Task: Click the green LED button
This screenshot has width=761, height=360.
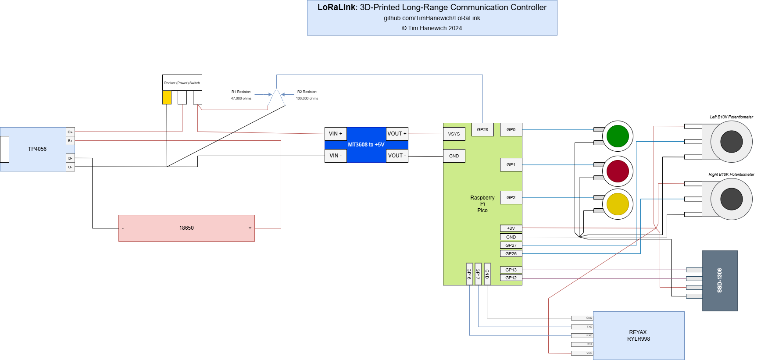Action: click(x=618, y=136)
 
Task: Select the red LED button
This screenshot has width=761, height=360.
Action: click(x=618, y=171)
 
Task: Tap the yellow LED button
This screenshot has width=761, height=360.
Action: click(x=618, y=204)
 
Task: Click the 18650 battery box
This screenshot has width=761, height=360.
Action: click(x=186, y=228)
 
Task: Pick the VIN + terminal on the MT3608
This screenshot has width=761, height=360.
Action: click(x=336, y=134)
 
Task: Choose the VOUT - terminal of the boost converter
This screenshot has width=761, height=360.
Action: click(x=397, y=156)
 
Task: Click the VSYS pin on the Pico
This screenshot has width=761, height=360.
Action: click(x=454, y=134)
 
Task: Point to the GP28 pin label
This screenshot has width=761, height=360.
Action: click(x=482, y=129)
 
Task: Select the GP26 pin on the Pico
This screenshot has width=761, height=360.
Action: click(x=511, y=253)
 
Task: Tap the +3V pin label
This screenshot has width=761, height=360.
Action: click(x=511, y=228)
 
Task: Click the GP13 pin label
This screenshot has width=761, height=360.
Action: click(x=511, y=270)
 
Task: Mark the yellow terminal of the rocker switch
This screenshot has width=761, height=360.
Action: click(x=167, y=97)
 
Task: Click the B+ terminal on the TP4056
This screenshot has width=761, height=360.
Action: click(x=70, y=141)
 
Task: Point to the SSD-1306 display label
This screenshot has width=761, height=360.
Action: click(x=719, y=281)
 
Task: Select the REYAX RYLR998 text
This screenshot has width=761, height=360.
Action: click(x=638, y=335)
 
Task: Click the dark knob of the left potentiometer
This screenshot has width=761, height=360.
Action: click(x=731, y=142)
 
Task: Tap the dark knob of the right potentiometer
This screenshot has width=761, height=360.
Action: click(x=731, y=199)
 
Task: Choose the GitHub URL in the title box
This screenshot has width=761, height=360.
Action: click(x=432, y=18)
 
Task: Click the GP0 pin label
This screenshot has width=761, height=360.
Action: click(x=511, y=129)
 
